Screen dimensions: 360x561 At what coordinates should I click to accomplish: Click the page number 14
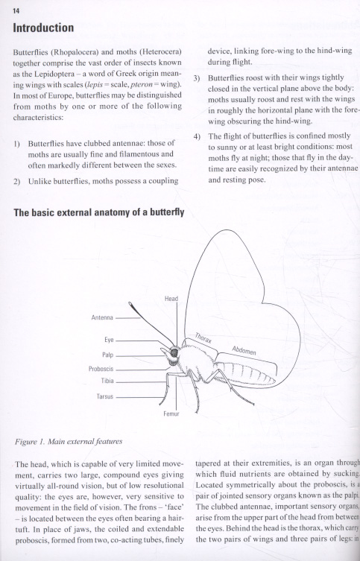16,11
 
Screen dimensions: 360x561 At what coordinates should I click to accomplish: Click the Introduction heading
43,28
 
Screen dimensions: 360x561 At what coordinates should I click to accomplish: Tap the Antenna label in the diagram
102,317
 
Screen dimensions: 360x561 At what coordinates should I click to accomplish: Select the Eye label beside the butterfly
109,340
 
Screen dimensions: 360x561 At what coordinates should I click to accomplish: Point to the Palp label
108,355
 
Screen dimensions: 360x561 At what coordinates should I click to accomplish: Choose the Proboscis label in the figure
101,369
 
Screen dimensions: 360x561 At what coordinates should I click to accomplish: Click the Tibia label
107,381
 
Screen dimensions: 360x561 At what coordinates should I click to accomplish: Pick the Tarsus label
105,396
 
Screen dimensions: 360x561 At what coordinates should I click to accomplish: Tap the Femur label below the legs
171,414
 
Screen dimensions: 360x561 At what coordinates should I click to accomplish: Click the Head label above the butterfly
171,299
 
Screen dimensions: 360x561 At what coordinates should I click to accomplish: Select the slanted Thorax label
203,338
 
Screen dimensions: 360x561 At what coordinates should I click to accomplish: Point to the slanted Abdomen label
244,350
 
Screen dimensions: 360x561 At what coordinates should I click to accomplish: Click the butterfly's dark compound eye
174,353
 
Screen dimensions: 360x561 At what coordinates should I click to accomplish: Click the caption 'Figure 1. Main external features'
69,442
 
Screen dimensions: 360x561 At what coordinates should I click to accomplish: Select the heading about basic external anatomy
99,212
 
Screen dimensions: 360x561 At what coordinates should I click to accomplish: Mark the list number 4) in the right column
198,136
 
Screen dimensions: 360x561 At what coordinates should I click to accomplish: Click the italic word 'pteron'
141,85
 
